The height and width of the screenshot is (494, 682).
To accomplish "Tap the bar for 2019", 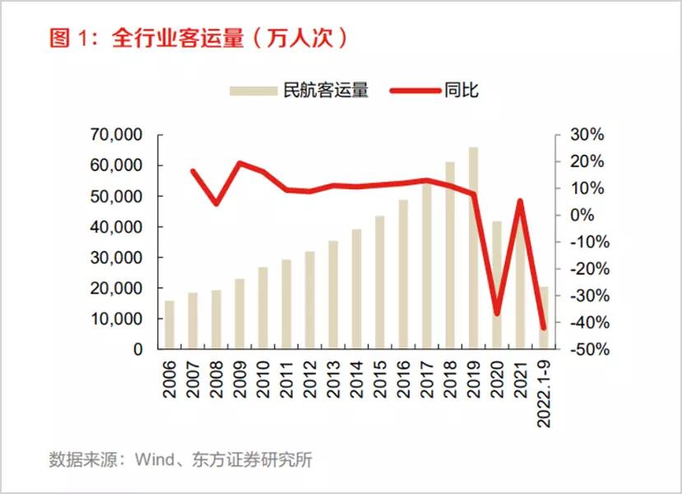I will [473, 247].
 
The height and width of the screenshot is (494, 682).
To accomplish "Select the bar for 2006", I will [169, 324].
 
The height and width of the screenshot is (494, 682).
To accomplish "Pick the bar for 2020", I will [497, 285].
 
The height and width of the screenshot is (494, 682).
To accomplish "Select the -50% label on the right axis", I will [587, 349].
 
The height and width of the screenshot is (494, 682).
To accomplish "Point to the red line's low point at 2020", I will [497, 314].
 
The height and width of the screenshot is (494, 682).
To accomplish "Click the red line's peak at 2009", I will [240, 163].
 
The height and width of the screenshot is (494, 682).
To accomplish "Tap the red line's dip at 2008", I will [216, 203].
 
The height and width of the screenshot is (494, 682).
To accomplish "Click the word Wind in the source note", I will [155, 459].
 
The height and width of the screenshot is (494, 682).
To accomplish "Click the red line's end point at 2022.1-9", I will [543, 328].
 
